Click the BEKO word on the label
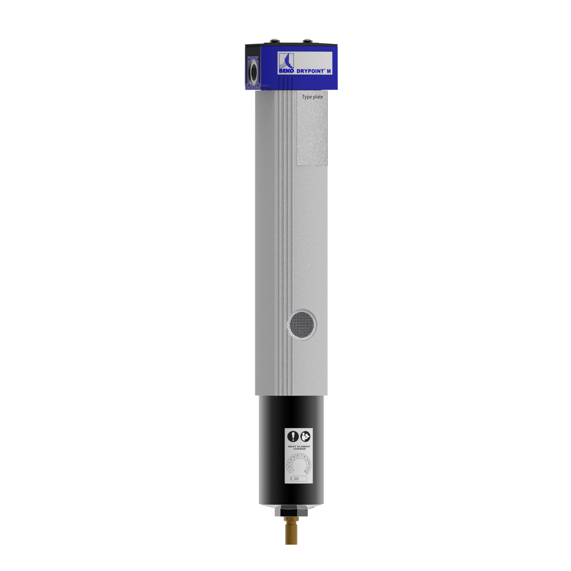pyautogui.click(x=286, y=71)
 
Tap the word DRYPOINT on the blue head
pyautogui.click(x=310, y=71)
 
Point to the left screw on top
pyautogui.click(x=275, y=40)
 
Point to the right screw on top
pyautogui.click(x=307, y=40)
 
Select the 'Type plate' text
pyautogui.click(x=312, y=97)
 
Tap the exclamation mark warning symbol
pyautogui.click(x=293, y=436)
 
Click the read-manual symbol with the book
pyautogui.click(x=305, y=436)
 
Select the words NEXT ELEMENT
pyautogui.click(x=299, y=447)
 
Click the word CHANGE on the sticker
pyautogui.click(x=299, y=449)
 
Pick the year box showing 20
pyautogui.click(x=299, y=478)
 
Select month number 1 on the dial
pyautogui.click(x=290, y=470)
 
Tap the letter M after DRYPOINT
pyautogui.click(x=329, y=71)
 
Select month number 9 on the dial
pyautogui.click(x=307, y=460)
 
